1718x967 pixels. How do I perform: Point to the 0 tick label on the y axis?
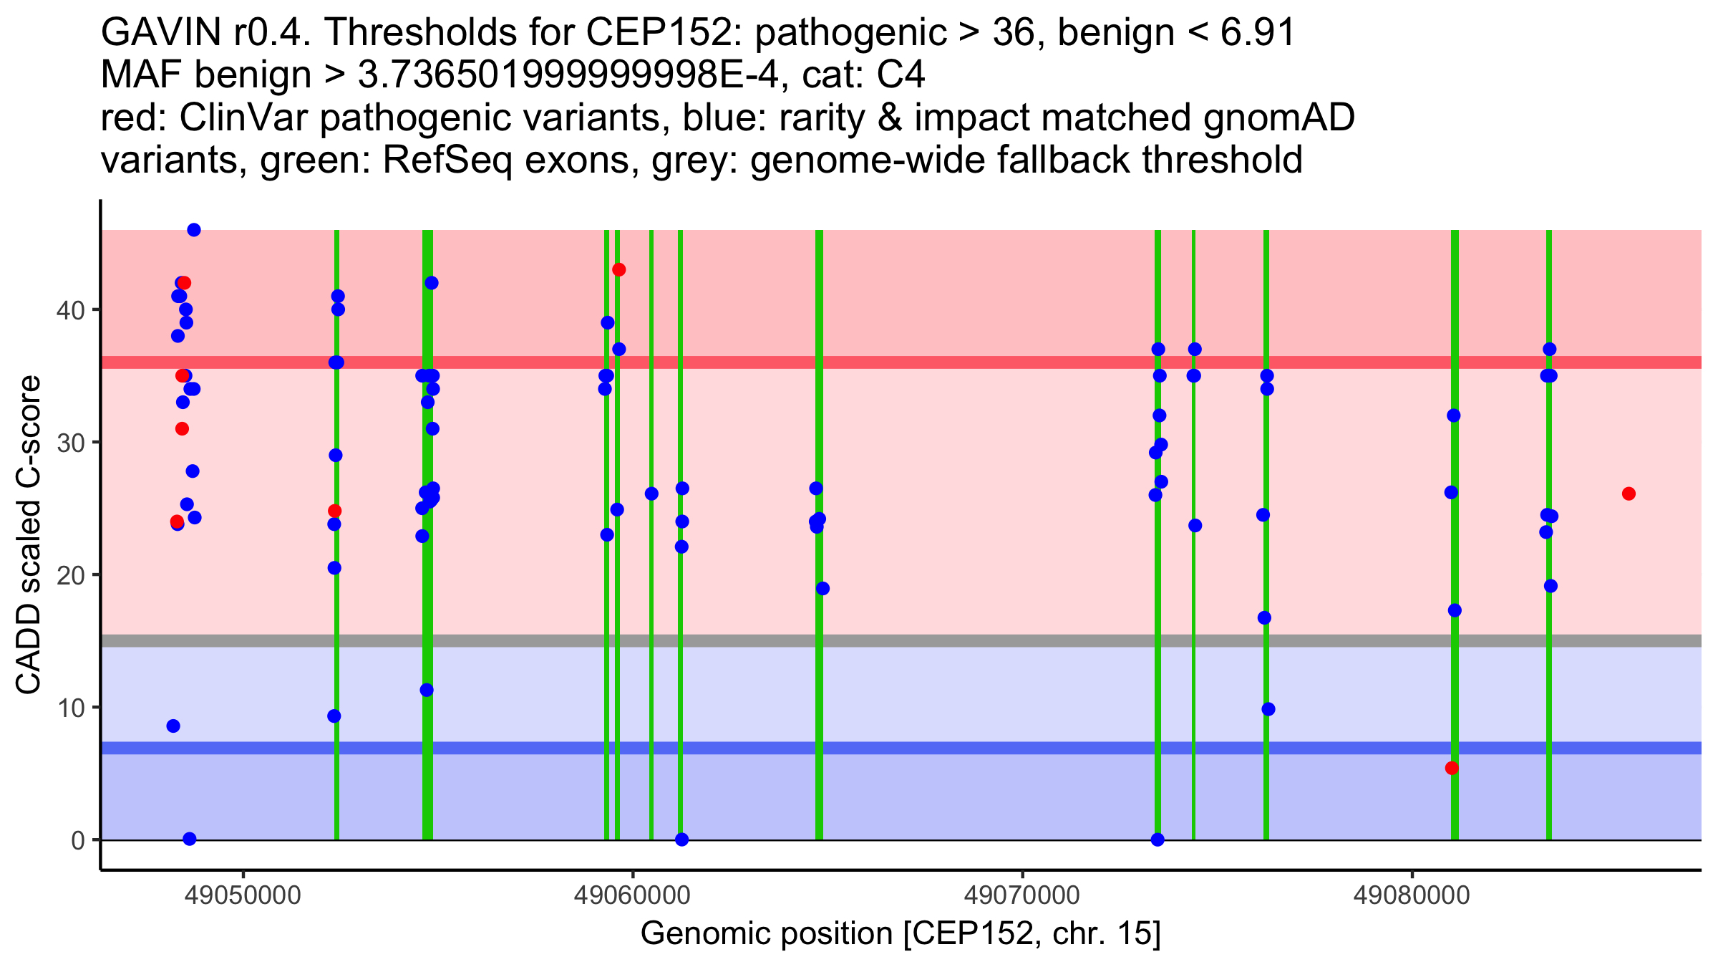point(77,840)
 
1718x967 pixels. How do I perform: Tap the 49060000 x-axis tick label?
point(632,895)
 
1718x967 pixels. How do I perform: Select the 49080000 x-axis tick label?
point(1411,895)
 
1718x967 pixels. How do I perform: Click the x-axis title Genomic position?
point(900,934)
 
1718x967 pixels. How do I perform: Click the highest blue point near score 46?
point(194,230)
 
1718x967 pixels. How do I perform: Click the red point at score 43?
point(619,270)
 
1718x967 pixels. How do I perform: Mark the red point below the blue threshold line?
point(1452,768)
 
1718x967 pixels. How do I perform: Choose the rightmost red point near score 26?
point(1629,494)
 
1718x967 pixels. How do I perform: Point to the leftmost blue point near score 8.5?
point(173,726)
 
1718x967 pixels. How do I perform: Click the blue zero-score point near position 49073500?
point(1158,839)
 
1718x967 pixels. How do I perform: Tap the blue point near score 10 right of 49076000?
point(1268,709)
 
